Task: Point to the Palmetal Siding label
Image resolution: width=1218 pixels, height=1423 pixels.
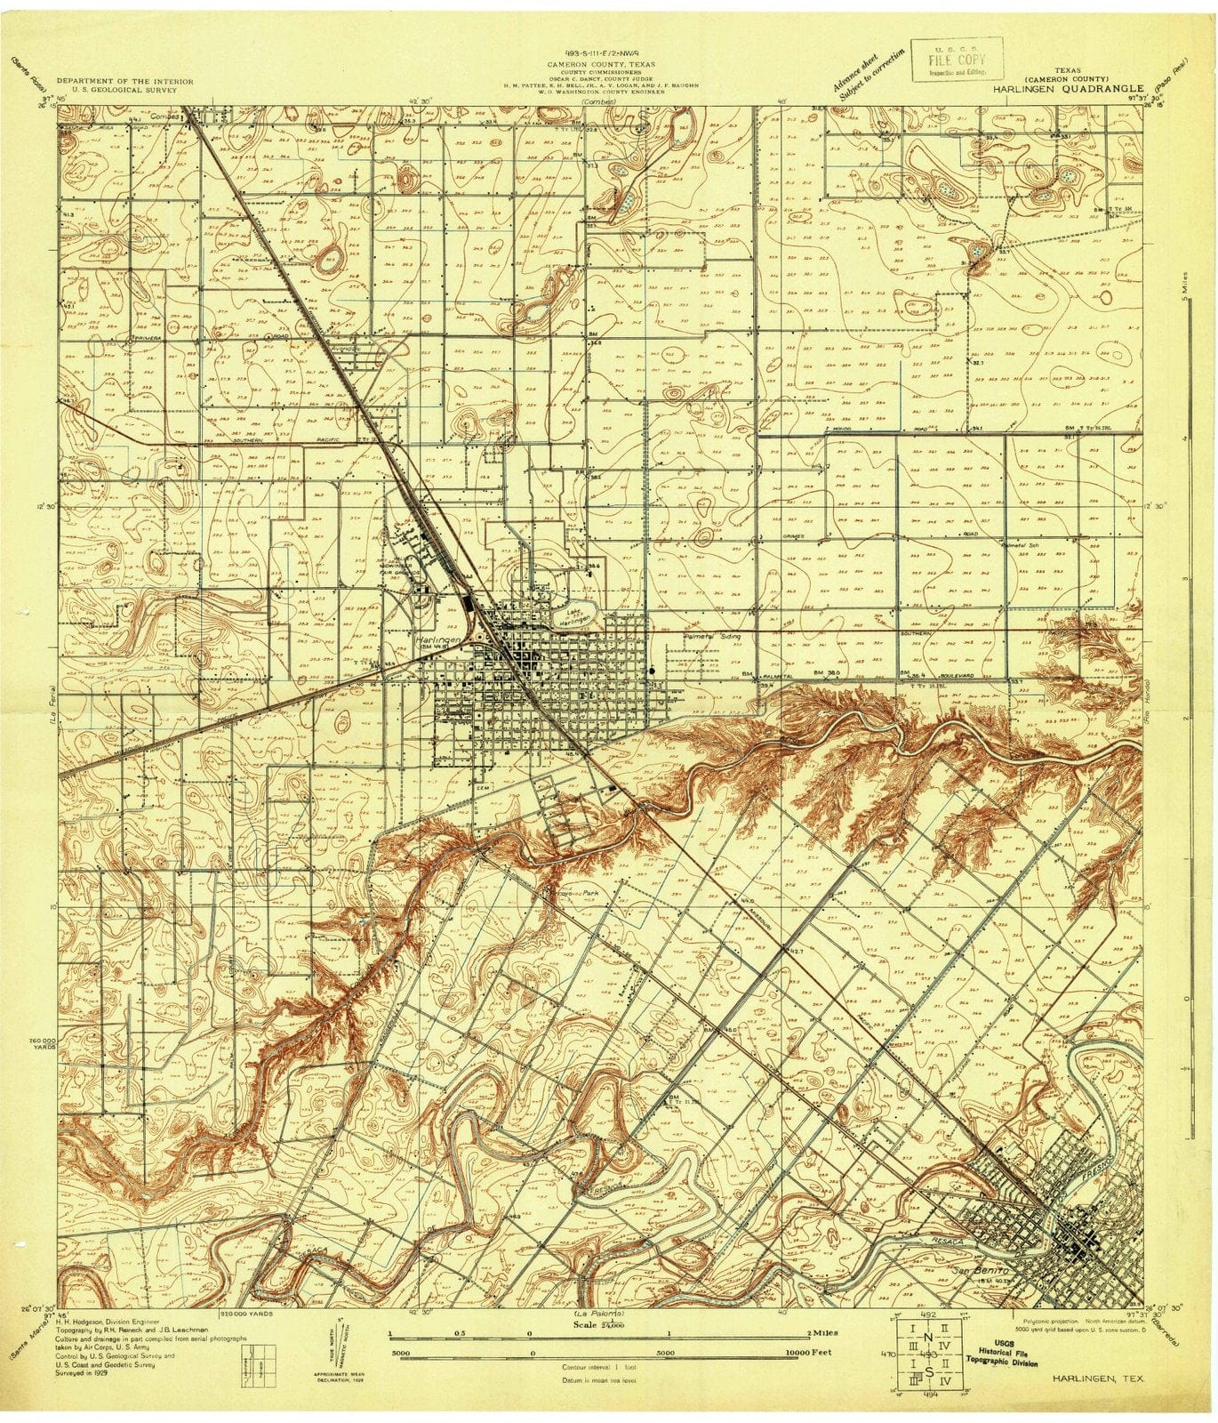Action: (713, 638)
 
